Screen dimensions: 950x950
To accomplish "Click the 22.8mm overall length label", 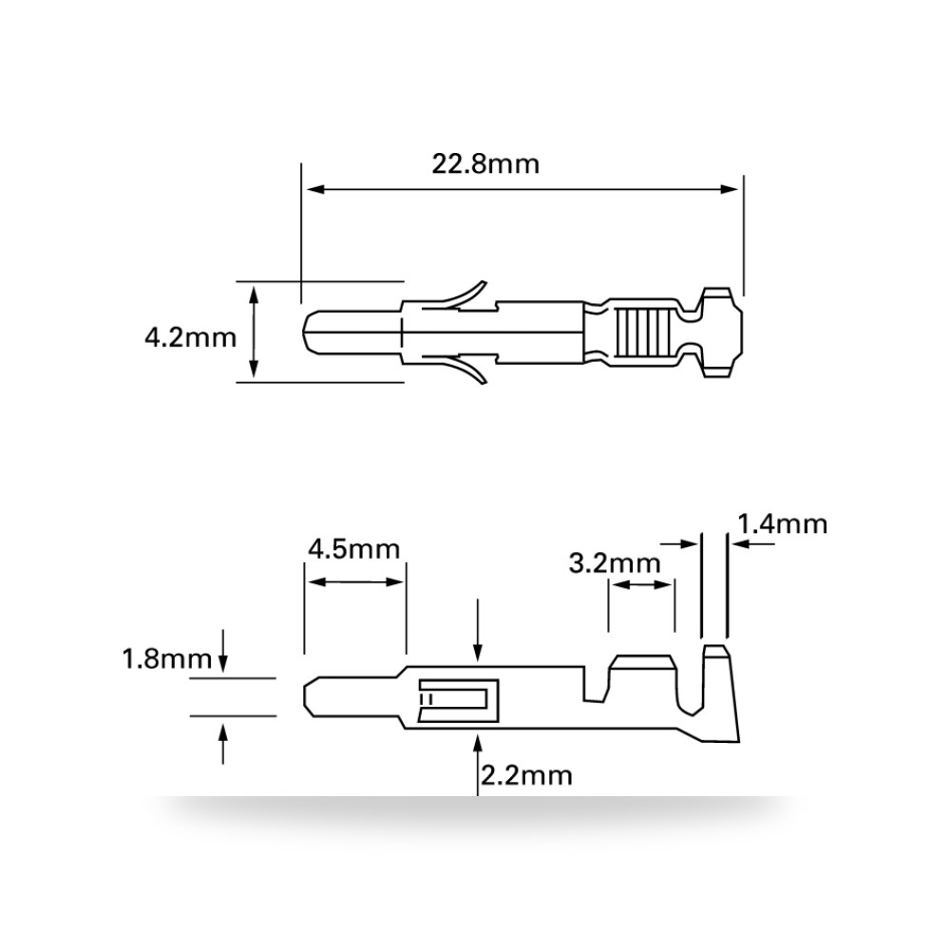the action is tap(485, 164).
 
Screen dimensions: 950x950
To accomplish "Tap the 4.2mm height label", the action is tap(190, 337).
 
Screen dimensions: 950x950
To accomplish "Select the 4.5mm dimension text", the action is tap(353, 549).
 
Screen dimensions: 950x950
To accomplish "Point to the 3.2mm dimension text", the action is tap(615, 563).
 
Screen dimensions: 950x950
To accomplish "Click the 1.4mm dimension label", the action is tap(782, 524).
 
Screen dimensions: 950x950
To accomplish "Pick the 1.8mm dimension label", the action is tap(167, 658).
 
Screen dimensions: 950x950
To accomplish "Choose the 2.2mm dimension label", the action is tap(526, 775).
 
